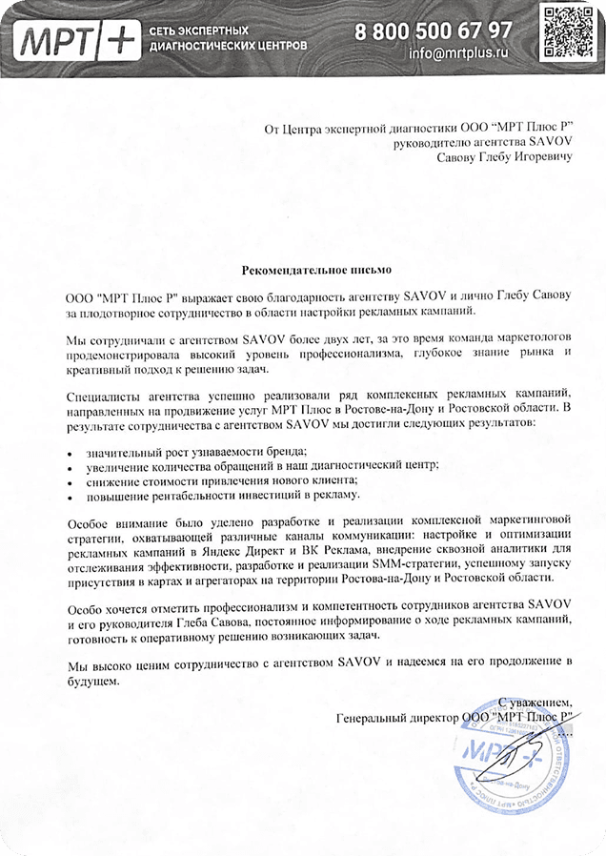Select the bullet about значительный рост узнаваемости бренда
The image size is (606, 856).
point(196,450)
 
